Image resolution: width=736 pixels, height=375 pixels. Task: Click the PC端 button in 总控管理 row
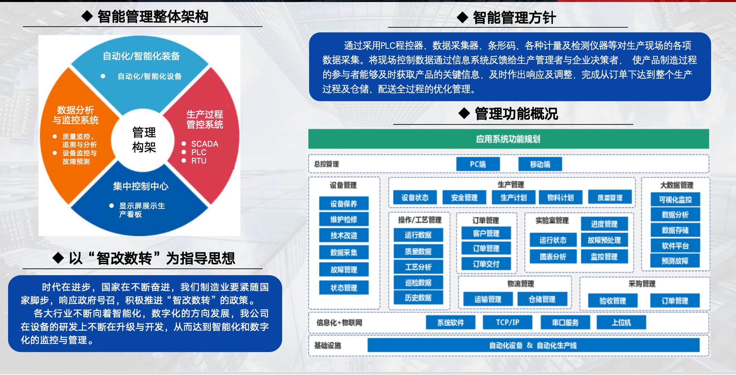(x=478, y=164)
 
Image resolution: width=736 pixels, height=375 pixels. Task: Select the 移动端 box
(x=540, y=164)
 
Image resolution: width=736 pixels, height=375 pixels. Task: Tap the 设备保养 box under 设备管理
(x=344, y=203)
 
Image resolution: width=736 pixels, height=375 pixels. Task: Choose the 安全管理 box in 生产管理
(x=464, y=197)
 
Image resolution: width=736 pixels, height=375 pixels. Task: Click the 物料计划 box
(x=561, y=197)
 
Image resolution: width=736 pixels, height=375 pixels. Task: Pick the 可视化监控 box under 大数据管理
(x=675, y=199)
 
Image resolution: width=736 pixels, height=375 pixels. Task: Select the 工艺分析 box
(x=418, y=267)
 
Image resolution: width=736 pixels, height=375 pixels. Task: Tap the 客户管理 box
(x=486, y=233)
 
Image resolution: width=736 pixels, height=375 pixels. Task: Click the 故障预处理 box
(x=604, y=240)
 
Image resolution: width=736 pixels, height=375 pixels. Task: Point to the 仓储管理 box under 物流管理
(x=542, y=299)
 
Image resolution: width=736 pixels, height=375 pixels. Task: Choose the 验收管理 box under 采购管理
(x=613, y=300)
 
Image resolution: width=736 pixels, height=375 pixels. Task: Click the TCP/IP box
(x=507, y=322)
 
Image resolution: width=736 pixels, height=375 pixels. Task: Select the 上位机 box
(x=621, y=322)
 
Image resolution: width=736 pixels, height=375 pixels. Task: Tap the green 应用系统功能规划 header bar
(x=509, y=139)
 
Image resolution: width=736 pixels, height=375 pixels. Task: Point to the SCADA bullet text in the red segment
(x=205, y=144)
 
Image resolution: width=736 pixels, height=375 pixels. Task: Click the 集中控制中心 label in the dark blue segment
(x=141, y=186)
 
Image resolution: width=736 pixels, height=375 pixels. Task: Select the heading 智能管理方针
(x=514, y=18)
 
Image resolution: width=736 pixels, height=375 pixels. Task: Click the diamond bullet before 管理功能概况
(x=464, y=113)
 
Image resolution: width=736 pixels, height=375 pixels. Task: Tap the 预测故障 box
(x=675, y=261)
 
